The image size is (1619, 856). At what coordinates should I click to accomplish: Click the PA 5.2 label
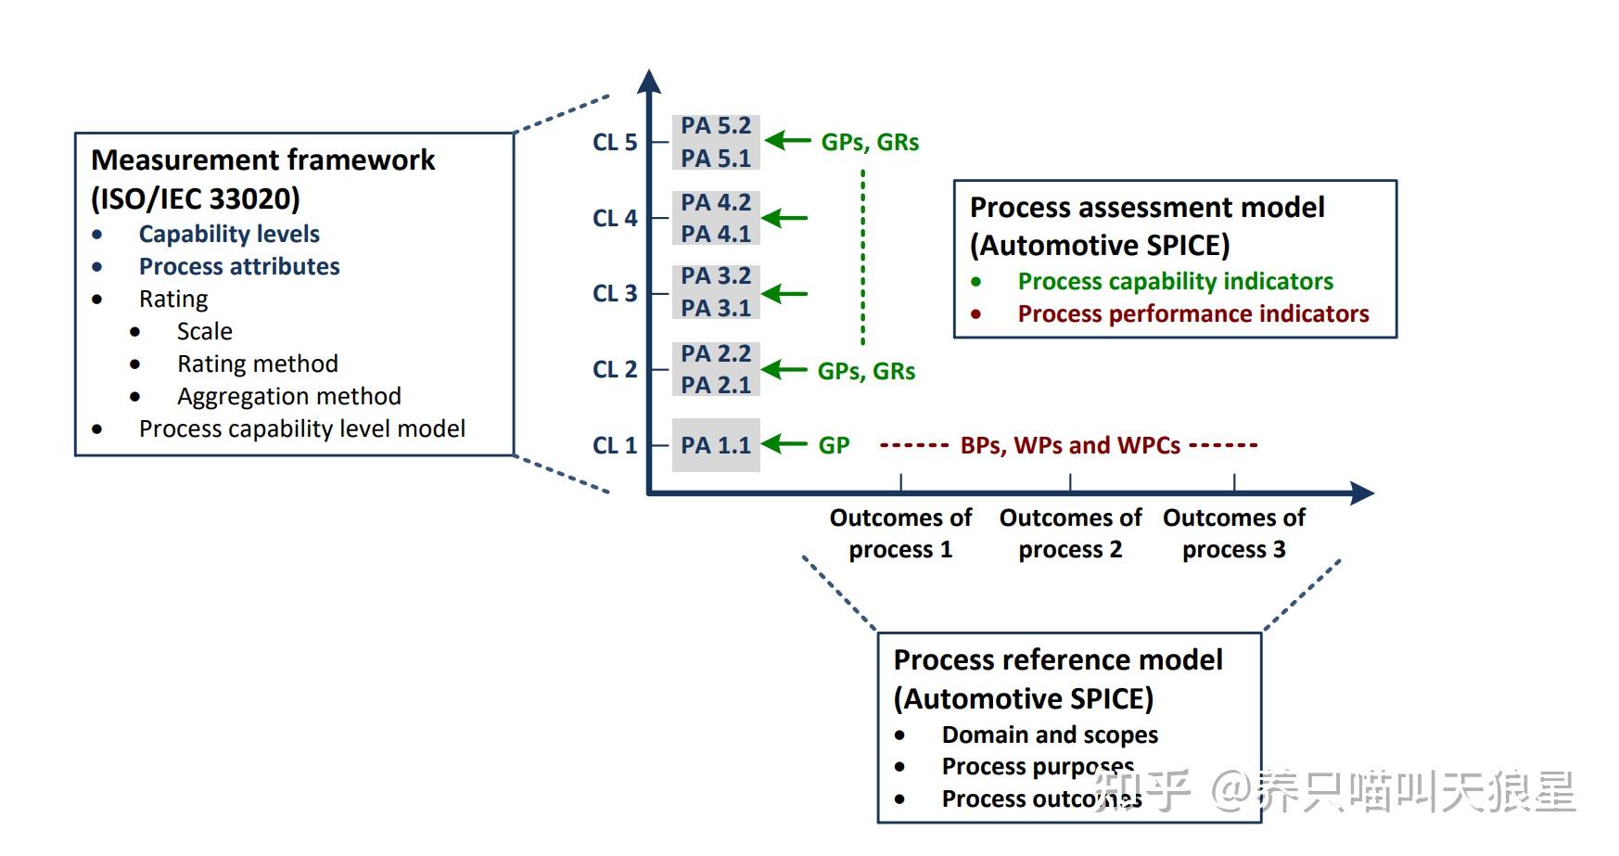click(x=715, y=126)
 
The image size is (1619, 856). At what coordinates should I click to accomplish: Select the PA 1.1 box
click(x=715, y=445)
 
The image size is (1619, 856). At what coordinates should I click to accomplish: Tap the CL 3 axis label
click(x=615, y=294)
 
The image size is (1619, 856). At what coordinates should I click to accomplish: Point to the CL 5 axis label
click(x=615, y=143)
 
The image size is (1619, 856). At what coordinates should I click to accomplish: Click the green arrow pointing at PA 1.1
click(x=785, y=444)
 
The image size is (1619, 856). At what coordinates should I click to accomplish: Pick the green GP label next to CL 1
click(x=834, y=445)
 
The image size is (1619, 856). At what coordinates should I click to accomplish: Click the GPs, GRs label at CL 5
click(x=870, y=143)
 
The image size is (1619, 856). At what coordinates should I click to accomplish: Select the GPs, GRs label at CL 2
click(x=866, y=371)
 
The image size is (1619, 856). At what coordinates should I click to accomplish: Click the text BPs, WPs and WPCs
click(x=1070, y=445)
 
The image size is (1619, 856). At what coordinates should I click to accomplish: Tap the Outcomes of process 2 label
click(x=1070, y=533)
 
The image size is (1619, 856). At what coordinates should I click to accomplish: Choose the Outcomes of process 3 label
click(x=1233, y=533)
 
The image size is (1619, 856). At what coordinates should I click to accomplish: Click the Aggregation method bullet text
click(x=288, y=397)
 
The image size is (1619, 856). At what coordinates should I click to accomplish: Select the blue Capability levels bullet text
click(x=229, y=235)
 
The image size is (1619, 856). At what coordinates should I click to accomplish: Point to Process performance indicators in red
click(x=1192, y=314)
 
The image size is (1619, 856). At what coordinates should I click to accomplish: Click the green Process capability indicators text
click(x=1175, y=282)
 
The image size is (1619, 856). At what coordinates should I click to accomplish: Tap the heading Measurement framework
click(x=262, y=160)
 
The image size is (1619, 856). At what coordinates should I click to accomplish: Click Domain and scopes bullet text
click(x=1050, y=735)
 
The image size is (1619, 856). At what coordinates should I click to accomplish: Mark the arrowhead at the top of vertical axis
click(x=650, y=82)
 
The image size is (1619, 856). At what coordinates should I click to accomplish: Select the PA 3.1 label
click(x=715, y=309)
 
